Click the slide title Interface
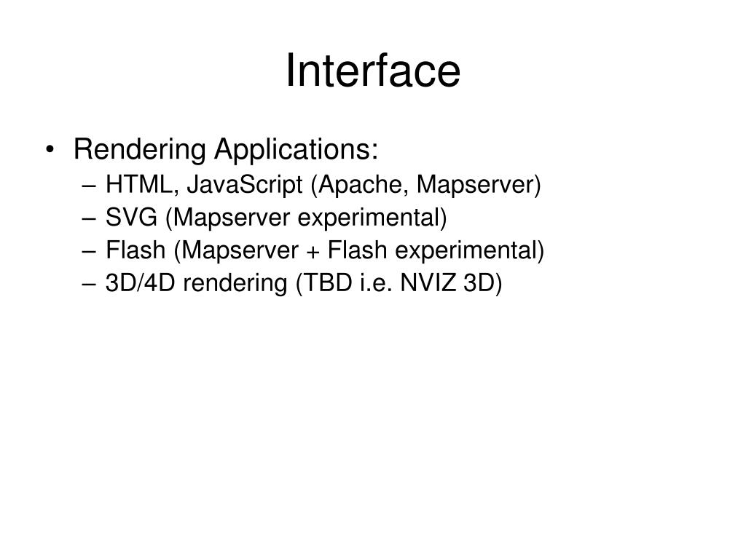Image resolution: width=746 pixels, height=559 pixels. coord(372,71)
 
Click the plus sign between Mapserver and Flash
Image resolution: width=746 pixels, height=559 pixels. coord(311,251)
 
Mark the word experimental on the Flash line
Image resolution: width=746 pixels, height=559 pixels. coord(470,251)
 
